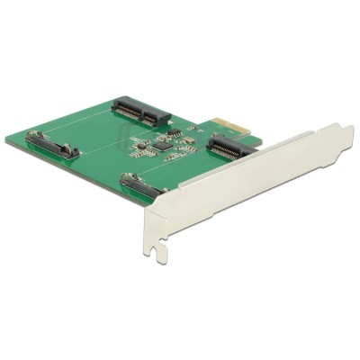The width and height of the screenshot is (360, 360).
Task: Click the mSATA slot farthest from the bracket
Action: coord(141,112)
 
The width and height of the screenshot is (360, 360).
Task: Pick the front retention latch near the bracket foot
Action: coord(140,188)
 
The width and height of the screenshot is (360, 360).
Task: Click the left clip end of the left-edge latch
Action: coord(33,138)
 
